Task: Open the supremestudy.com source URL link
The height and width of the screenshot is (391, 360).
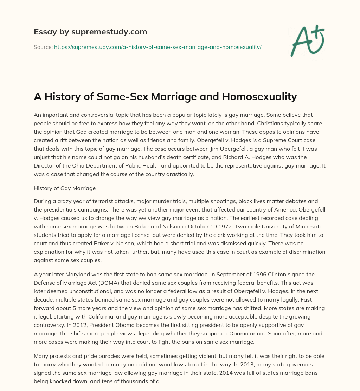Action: point(157,47)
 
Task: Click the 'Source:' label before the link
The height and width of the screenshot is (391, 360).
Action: point(43,47)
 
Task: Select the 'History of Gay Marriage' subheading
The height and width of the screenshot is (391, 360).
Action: point(65,188)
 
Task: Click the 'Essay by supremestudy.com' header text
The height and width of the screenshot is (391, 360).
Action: point(90,32)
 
